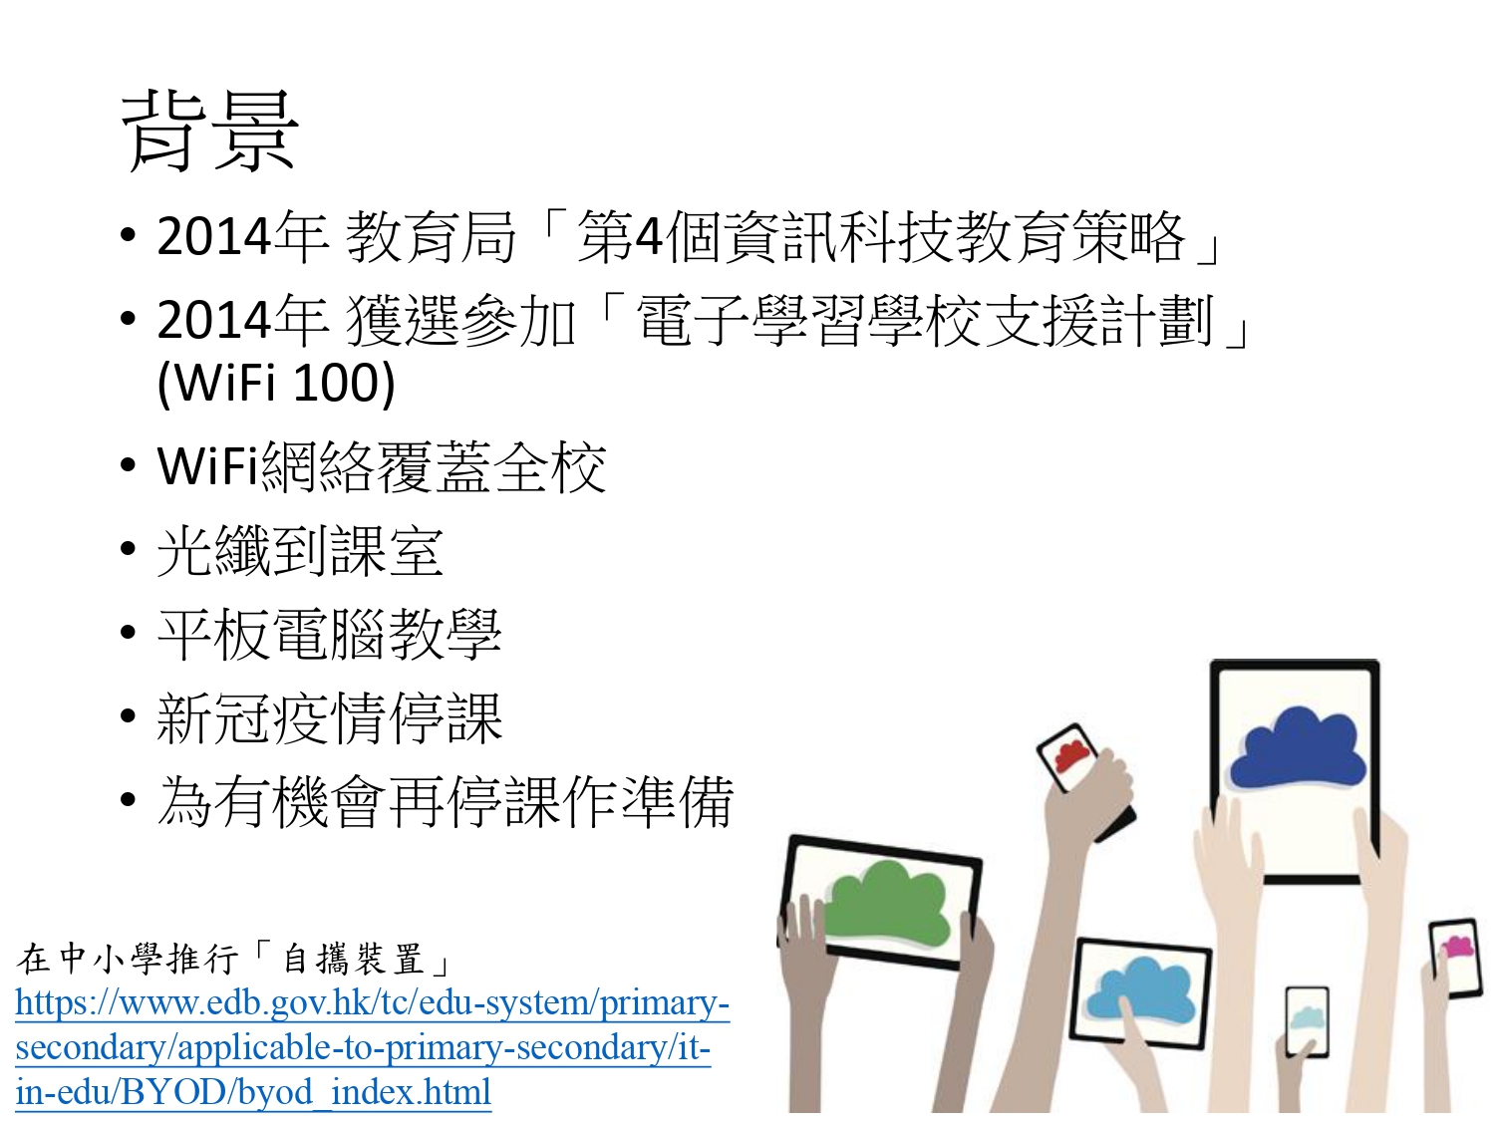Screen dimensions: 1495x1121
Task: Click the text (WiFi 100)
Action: [x=276, y=383]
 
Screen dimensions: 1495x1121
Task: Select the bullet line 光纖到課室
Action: [x=300, y=551]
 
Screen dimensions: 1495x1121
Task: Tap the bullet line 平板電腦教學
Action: [x=329, y=635]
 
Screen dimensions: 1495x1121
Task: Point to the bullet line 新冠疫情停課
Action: [x=329, y=718]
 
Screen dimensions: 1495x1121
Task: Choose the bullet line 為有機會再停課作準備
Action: [x=445, y=802]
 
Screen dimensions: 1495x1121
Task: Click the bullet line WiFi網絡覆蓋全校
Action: [x=382, y=467]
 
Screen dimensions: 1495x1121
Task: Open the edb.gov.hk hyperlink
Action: [x=372, y=1047]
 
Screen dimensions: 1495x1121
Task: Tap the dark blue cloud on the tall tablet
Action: [x=1298, y=749]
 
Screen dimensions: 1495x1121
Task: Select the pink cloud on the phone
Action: [x=1456, y=947]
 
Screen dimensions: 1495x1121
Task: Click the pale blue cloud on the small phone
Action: [x=1307, y=1019]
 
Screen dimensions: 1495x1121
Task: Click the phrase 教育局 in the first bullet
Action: [x=431, y=237]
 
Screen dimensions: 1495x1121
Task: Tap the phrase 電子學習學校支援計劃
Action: [x=924, y=321]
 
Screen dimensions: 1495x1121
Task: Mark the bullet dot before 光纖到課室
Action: [x=128, y=549]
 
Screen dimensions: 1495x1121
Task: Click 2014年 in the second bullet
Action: [x=242, y=321]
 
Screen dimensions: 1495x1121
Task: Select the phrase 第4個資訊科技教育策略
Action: [x=881, y=237]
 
